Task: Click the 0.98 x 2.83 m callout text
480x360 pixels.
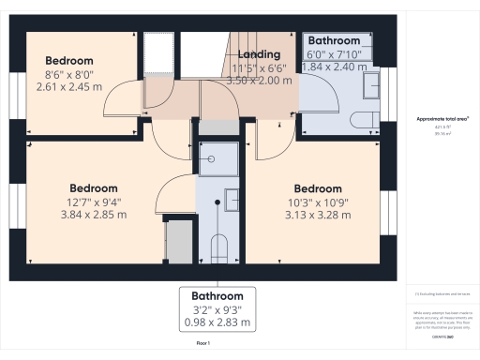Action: [217, 323]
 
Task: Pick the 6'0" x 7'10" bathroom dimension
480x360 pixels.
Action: [334, 55]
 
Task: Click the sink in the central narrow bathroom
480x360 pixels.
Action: [231, 200]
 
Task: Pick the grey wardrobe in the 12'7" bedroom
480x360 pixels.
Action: [175, 240]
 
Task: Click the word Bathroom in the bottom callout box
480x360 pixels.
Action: [217, 295]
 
